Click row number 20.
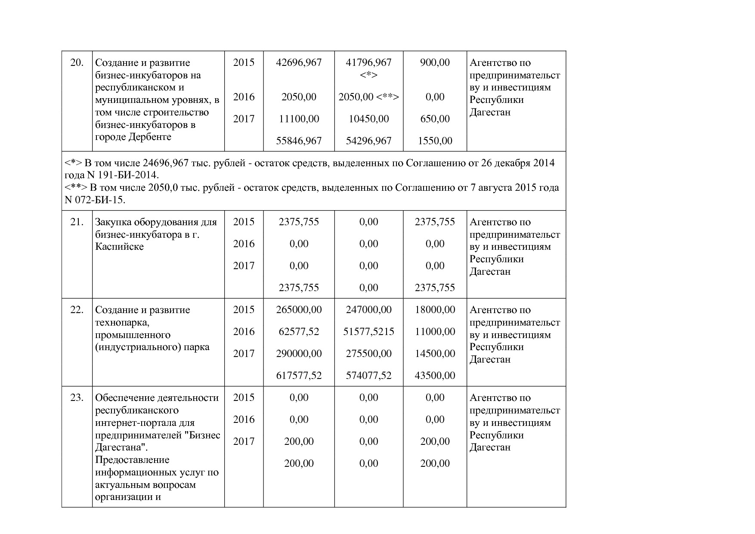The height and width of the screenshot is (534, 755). point(77,63)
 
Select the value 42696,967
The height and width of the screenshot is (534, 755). point(299,63)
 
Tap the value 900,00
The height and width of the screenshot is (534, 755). point(435,63)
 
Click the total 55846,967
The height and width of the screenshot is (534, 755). point(299,141)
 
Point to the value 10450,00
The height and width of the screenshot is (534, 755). point(368,119)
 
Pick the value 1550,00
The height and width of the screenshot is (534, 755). point(435,141)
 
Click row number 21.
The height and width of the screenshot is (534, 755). point(77,222)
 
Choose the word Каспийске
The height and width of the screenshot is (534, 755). point(119,247)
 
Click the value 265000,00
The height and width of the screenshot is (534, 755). point(299,310)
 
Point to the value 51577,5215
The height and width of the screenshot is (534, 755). point(368,332)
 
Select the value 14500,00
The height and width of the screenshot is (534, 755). point(435,354)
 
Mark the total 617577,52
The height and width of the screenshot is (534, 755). point(299,376)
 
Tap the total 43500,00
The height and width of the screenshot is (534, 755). point(435,376)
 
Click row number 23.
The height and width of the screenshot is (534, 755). point(77,398)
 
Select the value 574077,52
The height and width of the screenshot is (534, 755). point(368,376)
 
